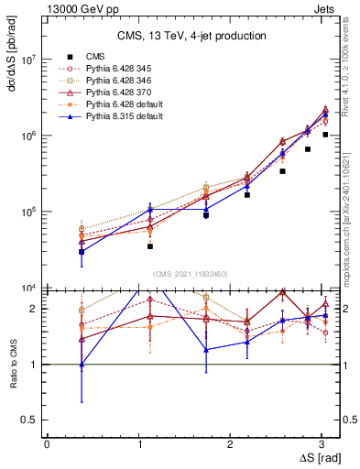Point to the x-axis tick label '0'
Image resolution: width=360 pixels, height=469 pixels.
click(47, 442)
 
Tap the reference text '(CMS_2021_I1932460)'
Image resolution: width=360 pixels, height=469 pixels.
click(191, 273)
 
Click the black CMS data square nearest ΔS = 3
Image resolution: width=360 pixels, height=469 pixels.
click(325, 135)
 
